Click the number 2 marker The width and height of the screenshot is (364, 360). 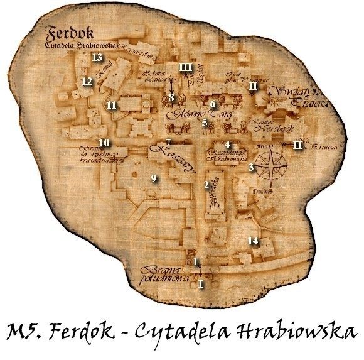206,185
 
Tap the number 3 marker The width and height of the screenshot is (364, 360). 251,167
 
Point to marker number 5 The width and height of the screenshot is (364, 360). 205,123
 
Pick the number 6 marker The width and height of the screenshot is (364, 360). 213,104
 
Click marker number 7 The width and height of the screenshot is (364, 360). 168,142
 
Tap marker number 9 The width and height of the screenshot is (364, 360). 154,179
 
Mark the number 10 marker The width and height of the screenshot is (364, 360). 104,143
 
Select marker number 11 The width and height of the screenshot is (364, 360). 111,105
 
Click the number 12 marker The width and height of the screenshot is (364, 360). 87,81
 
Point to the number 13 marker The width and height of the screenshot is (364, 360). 97,57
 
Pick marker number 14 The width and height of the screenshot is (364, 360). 253,241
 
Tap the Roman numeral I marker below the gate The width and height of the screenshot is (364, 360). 201,284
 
